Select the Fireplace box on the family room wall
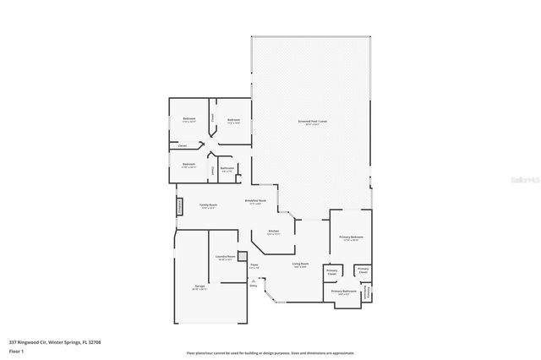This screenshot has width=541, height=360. point(179,208)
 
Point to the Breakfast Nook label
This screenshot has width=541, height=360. point(255,200)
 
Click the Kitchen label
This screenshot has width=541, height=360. point(273,232)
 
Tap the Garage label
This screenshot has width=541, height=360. point(199,286)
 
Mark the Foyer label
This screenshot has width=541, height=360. point(254,265)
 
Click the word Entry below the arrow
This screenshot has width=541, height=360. point(253,285)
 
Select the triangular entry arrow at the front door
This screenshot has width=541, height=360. point(253,279)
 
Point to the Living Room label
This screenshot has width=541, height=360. point(300,264)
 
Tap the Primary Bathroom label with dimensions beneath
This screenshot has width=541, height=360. point(342,291)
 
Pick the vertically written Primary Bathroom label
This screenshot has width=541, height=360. point(366,292)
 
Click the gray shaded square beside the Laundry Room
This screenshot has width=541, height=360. point(242,255)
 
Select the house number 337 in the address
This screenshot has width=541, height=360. point(13,342)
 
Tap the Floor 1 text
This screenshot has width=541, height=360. point(15,351)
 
